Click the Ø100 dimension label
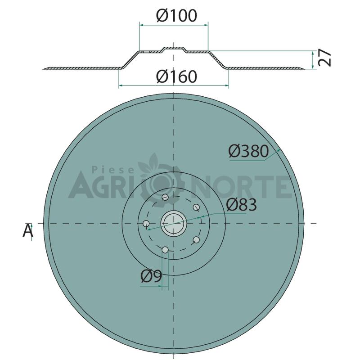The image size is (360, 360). click(x=176, y=16)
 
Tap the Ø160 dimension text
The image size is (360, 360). click(x=176, y=76)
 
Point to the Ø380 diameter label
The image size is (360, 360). click(x=248, y=151)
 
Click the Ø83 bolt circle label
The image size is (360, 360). click(x=241, y=205)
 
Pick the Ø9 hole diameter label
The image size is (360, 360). click(x=151, y=276)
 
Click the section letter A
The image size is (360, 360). click(x=28, y=230)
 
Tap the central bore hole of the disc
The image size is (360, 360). click(x=173, y=223)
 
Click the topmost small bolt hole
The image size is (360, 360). click(x=165, y=197)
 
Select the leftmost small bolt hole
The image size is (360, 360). click(x=146, y=223)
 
